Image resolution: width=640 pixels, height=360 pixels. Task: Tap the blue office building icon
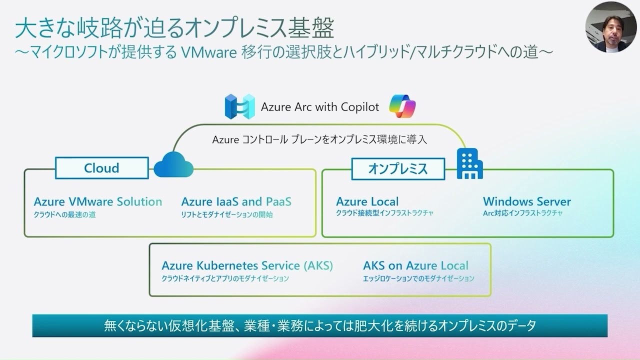(469, 165)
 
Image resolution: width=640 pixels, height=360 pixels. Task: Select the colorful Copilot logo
(402, 106)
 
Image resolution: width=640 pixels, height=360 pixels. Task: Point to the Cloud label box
(101, 168)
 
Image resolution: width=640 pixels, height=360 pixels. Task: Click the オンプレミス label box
(398, 168)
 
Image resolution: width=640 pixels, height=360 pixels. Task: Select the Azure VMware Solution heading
(98, 201)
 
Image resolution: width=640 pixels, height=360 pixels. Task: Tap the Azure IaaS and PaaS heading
(236, 201)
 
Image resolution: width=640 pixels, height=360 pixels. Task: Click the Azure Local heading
(367, 201)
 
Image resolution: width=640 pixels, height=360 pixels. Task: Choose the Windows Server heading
(526, 201)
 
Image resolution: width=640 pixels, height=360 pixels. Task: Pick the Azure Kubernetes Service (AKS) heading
(247, 265)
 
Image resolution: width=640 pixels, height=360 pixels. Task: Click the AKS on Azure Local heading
(415, 265)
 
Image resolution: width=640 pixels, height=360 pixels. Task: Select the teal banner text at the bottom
(320, 326)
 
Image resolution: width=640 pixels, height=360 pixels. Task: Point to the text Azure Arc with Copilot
(320, 107)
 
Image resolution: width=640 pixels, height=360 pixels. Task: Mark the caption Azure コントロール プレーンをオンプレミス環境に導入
(319, 140)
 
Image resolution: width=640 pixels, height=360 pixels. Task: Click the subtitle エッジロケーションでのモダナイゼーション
(418, 278)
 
